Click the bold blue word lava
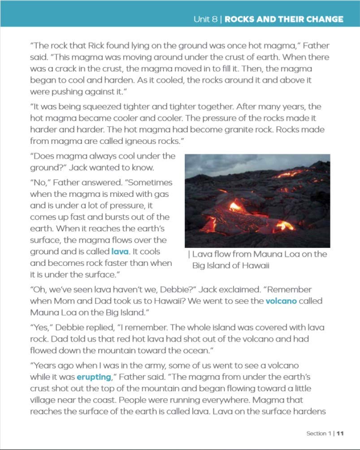[120, 251]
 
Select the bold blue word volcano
[281, 301]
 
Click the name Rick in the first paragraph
[96, 46]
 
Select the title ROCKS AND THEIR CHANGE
[284, 19]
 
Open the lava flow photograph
[257, 201]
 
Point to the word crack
[76, 69]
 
